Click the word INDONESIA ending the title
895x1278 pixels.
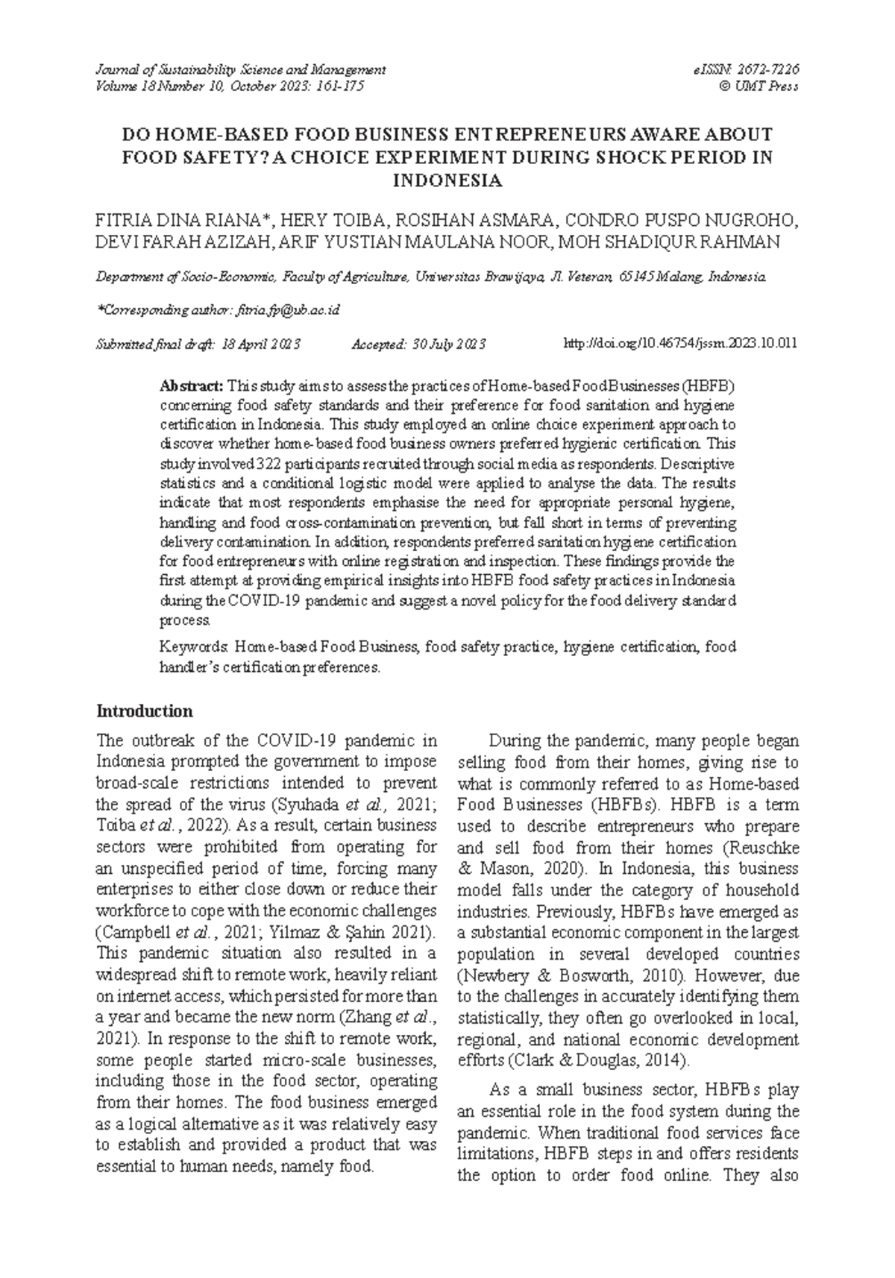(447, 180)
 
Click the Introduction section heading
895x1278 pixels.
(145, 710)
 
